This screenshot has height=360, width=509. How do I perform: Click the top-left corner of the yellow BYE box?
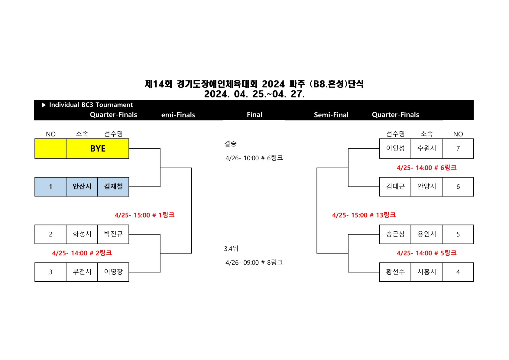(35, 139)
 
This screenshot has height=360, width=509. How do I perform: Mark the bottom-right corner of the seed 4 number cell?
(474, 282)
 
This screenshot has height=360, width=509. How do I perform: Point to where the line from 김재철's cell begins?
(129, 187)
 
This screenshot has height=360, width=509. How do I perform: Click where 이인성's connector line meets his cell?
(379, 149)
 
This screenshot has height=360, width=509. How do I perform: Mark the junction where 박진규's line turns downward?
(160, 234)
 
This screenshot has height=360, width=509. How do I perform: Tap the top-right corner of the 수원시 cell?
(442, 139)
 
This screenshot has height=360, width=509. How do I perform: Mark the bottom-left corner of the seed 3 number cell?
(35, 282)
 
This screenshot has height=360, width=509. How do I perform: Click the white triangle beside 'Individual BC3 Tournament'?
(44, 105)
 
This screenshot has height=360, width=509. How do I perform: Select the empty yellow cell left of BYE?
(50, 149)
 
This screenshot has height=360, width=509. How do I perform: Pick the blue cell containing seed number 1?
(50, 187)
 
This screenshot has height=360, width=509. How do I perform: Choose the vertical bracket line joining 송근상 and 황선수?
(348, 253)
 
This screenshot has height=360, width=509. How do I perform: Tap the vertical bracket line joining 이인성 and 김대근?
(348, 168)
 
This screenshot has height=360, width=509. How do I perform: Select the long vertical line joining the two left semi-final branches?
(192, 210)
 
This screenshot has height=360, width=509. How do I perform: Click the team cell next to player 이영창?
(82, 272)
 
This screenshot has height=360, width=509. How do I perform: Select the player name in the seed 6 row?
(395, 186)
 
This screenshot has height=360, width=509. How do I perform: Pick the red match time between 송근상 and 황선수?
(426, 253)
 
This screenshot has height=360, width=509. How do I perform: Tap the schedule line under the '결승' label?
(254, 158)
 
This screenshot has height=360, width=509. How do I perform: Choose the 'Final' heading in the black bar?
(254, 114)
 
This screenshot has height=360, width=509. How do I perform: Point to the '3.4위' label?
(231, 248)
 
